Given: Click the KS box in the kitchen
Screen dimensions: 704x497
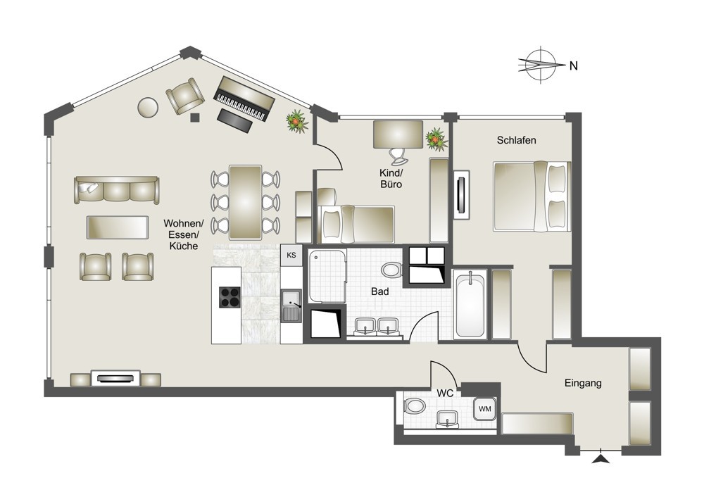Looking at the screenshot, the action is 291,255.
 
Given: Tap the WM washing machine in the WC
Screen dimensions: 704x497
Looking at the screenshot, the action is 485,409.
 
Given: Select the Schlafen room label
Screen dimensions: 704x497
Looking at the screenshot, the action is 516,140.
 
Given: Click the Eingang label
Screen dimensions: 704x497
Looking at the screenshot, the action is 583,384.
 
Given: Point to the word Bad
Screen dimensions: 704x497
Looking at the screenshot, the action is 380,291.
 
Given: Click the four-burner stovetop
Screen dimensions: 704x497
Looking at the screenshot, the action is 230,297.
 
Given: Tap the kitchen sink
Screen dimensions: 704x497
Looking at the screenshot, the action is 292,306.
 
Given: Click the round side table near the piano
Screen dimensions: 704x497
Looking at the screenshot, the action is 148,107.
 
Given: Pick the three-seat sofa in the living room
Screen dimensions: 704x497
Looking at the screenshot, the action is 117,190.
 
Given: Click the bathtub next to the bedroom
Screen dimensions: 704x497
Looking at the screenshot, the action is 470,303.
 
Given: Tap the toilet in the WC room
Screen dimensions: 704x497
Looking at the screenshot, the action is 415,407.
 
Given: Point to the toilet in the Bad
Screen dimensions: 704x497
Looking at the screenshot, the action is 392,270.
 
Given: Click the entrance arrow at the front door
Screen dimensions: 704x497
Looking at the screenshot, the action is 601,459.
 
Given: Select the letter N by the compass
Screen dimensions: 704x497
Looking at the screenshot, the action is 573,65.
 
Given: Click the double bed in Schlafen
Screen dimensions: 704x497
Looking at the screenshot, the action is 532,196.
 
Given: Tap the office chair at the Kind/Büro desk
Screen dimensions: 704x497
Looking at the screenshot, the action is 398,156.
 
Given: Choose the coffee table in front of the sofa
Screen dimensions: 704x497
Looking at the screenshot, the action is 117,227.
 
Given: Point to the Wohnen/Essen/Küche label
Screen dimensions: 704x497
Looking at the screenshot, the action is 184,234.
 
